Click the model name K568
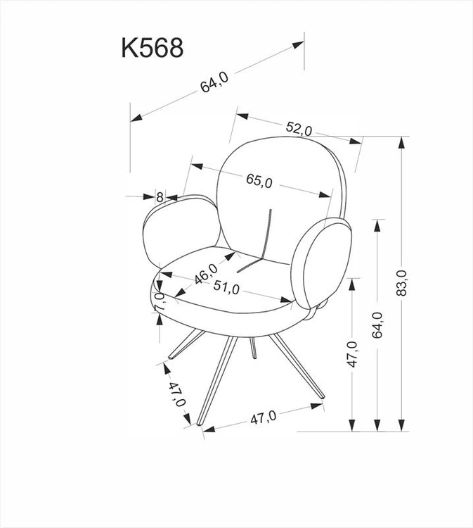point(153,48)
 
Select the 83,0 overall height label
point(401,283)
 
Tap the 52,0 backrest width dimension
point(299,129)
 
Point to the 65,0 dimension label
point(259,180)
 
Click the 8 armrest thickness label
point(160,196)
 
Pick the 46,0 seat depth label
point(206,273)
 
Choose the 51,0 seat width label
point(226,287)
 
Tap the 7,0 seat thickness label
point(160,302)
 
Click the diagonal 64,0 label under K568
point(214,82)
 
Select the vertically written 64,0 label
point(377,325)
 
